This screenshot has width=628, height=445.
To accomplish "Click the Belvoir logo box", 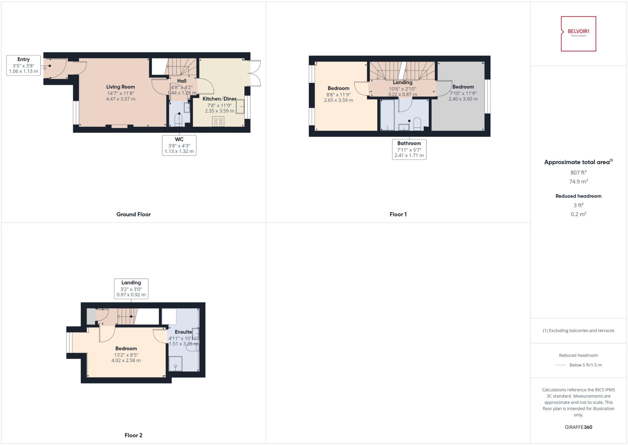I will [x=578, y=34].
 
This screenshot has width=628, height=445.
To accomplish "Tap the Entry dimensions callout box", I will [x=24, y=65].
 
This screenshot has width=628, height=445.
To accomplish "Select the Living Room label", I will [x=121, y=87].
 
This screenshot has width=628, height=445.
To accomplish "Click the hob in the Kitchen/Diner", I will [x=218, y=121].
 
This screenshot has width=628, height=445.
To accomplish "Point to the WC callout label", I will [x=179, y=145].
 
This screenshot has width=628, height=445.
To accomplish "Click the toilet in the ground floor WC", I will [x=179, y=120].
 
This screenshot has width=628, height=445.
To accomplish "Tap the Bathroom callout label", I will [x=409, y=149].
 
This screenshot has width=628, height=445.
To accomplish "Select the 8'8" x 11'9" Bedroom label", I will [x=338, y=88].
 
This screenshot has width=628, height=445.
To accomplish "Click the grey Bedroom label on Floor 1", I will [x=463, y=87].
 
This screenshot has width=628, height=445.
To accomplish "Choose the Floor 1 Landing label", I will [x=402, y=82].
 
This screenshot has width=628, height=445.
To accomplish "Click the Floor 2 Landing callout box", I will [x=131, y=288].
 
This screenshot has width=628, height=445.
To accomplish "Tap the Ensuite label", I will [x=183, y=332].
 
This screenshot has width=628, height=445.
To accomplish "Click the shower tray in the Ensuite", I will [x=175, y=363].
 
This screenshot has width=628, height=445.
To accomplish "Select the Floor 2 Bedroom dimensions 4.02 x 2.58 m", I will [x=126, y=360].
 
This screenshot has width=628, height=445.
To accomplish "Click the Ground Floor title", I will [x=133, y=215].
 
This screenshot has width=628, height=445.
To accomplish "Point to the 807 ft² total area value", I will [x=578, y=173].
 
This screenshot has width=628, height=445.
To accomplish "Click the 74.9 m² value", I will [x=578, y=181].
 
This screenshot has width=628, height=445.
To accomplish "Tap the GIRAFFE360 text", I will [x=578, y=427].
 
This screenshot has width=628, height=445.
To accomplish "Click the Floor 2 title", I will [x=133, y=435].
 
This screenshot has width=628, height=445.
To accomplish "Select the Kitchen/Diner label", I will [x=219, y=99].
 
